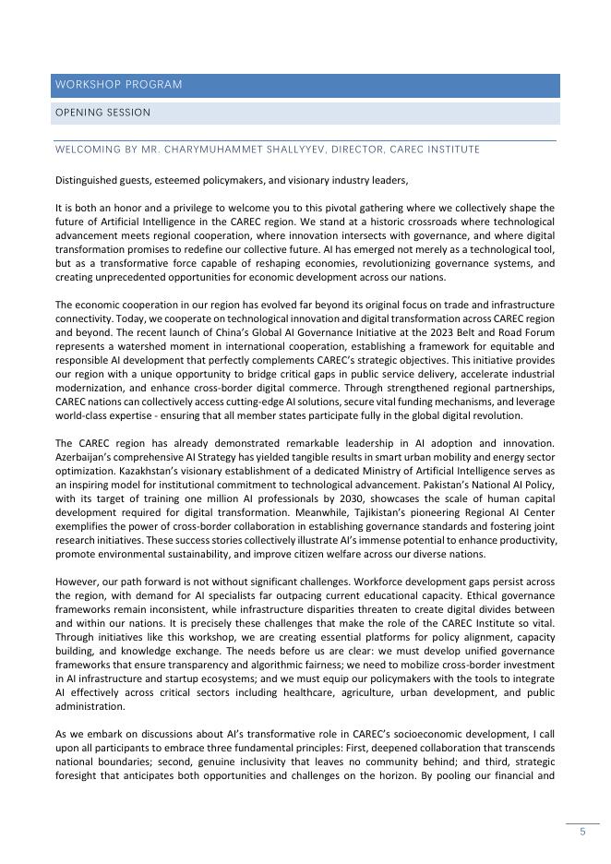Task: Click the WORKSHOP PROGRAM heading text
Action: [x=118, y=85]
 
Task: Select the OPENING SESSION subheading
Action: [x=102, y=113]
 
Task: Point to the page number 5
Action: [x=582, y=832]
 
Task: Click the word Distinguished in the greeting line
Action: [x=88, y=180]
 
